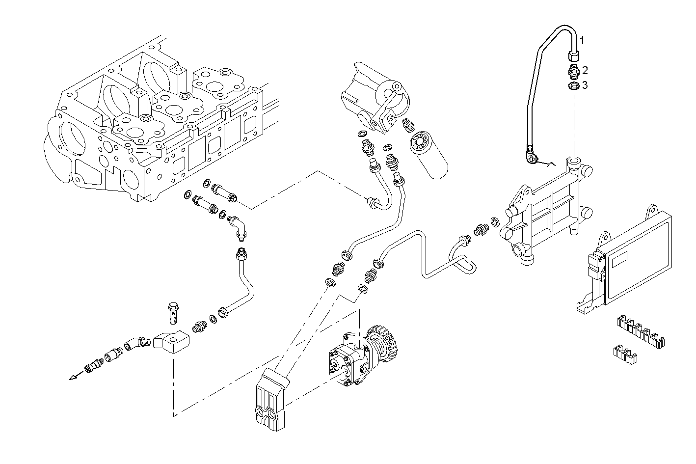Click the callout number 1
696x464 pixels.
pos(583,40)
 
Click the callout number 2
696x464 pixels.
pos(584,71)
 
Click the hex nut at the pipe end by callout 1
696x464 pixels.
pos(573,55)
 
